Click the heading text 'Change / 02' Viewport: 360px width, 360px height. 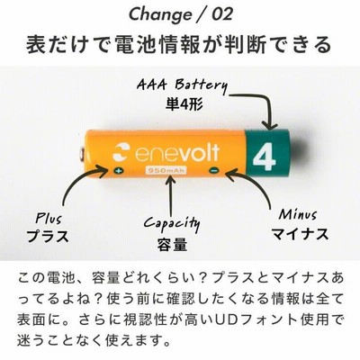[181, 14]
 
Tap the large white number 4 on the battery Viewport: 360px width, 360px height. [264, 157]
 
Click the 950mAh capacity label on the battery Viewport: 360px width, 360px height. [166, 171]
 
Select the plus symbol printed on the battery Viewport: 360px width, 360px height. [119, 171]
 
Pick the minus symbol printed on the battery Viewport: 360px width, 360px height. [214, 171]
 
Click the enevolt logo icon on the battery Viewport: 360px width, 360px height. [121, 151]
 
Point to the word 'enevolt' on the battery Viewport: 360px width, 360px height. [177, 152]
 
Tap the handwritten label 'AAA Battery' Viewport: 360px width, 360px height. [182, 85]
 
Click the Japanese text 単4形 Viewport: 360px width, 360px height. [184, 103]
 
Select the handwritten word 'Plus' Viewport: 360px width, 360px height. [48, 218]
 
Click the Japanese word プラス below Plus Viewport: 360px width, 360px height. [48, 235]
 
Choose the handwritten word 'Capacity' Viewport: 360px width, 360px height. [172, 223]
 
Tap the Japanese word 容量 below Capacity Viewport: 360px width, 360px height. [172, 244]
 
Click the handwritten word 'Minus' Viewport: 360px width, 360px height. [298, 214]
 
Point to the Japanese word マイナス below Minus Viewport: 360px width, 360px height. [300, 234]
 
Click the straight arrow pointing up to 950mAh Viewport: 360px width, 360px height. [171, 195]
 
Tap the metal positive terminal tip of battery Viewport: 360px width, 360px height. [81, 155]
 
